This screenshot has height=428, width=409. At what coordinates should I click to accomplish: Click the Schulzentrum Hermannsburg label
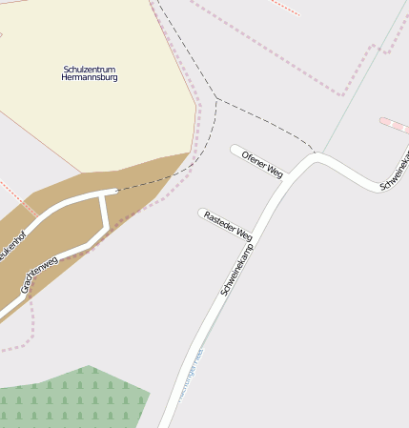(89, 73)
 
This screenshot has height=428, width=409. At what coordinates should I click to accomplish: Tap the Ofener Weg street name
(262, 163)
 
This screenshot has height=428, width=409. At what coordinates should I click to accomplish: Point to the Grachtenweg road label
(40, 274)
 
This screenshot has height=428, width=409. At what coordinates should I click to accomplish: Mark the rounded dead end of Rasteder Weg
(202, 213)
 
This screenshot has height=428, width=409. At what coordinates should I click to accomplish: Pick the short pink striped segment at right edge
(394, 125)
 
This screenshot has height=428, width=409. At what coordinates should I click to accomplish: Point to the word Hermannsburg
(89, 78)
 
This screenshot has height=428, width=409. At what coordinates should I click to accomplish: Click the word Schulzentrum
(89, 69)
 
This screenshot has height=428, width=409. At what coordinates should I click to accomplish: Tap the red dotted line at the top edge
(284, 7)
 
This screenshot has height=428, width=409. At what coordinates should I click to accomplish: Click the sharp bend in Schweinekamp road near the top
(316, 157)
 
